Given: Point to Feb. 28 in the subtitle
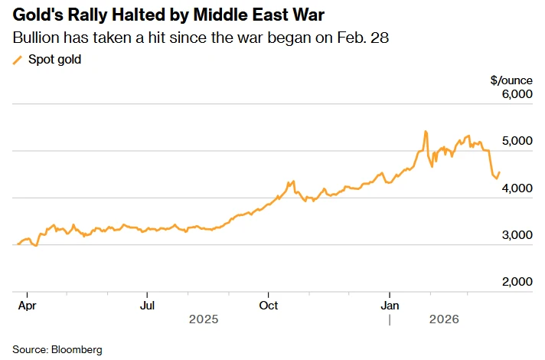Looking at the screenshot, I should [366, 38].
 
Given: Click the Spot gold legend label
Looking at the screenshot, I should [54, 60].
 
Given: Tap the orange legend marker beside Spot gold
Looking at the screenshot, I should [18, 60].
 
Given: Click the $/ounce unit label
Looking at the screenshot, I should [511, 80].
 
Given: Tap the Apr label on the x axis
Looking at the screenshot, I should [27, 305].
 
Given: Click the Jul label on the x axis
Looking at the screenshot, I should [148, 305].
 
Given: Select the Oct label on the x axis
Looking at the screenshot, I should [268, 305].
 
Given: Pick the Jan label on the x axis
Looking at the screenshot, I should [390, 305].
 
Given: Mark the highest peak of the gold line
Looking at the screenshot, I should [425, 132].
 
